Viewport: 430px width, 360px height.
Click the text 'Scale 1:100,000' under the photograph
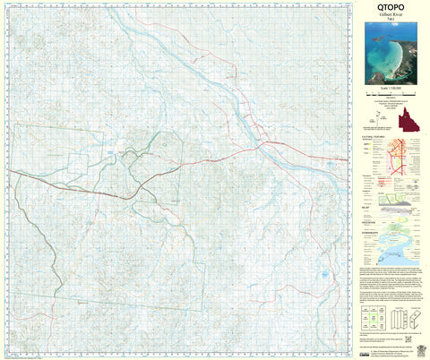pos(390,93)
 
